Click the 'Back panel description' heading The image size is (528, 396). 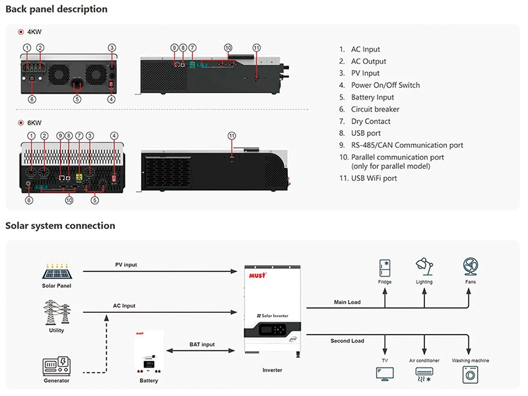tap(57, 10)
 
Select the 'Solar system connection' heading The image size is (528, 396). tap(60, 226)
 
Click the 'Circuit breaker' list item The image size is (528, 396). tap(375, 110)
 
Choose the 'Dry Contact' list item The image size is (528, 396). tap(370, 121)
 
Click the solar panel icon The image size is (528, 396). tap(57, 270)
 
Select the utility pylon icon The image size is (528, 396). tap(57, 312)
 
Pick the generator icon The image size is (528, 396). tap(57, 366)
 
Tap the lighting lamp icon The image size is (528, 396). tap(424, 267)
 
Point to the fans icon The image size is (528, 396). tap(470, 267)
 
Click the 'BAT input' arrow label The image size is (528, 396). tap(203, 345)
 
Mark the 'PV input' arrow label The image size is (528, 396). tap(126, 265)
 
